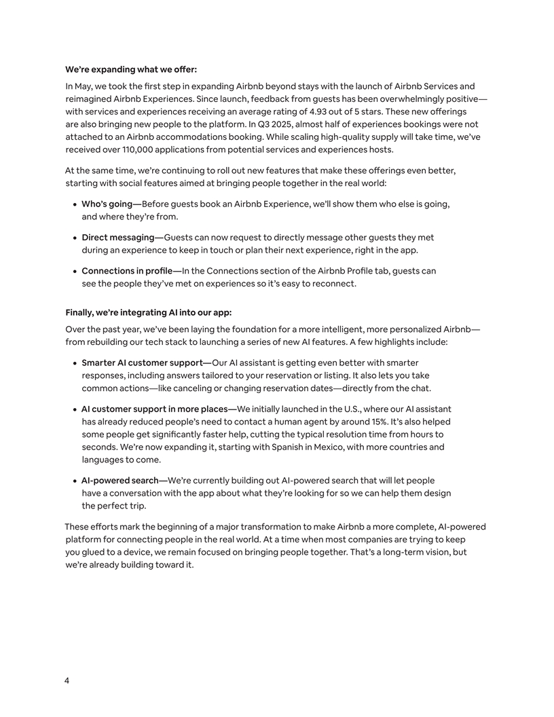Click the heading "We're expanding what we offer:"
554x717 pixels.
131,69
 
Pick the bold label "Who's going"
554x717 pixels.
107,204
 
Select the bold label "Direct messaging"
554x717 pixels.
118,238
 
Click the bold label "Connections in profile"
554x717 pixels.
127,271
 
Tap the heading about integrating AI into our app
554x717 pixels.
149,312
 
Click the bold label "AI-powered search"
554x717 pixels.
119,481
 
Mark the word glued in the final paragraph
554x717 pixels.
95,552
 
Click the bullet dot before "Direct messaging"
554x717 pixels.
75,238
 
